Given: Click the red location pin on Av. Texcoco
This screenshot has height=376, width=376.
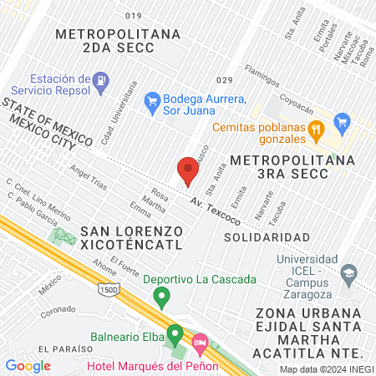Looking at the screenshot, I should pos(188,171).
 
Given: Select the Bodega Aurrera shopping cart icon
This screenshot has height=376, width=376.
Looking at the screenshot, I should pos(152,101).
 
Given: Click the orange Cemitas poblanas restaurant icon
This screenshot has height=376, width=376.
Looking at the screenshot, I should pos(315,129).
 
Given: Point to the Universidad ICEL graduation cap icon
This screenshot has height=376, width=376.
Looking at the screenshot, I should pos(349,272).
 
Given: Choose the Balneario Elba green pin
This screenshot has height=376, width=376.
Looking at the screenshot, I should pos(175,335).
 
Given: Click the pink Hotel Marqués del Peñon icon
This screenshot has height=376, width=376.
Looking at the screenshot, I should pos(201,342).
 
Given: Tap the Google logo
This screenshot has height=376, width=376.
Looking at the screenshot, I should pos(28,366).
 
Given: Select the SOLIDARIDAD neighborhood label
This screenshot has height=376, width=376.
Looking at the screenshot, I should pos(262,237).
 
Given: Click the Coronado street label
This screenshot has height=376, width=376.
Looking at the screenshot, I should pos(58,312).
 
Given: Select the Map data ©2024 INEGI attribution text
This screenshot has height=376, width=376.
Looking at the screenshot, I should pos(326,368).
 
